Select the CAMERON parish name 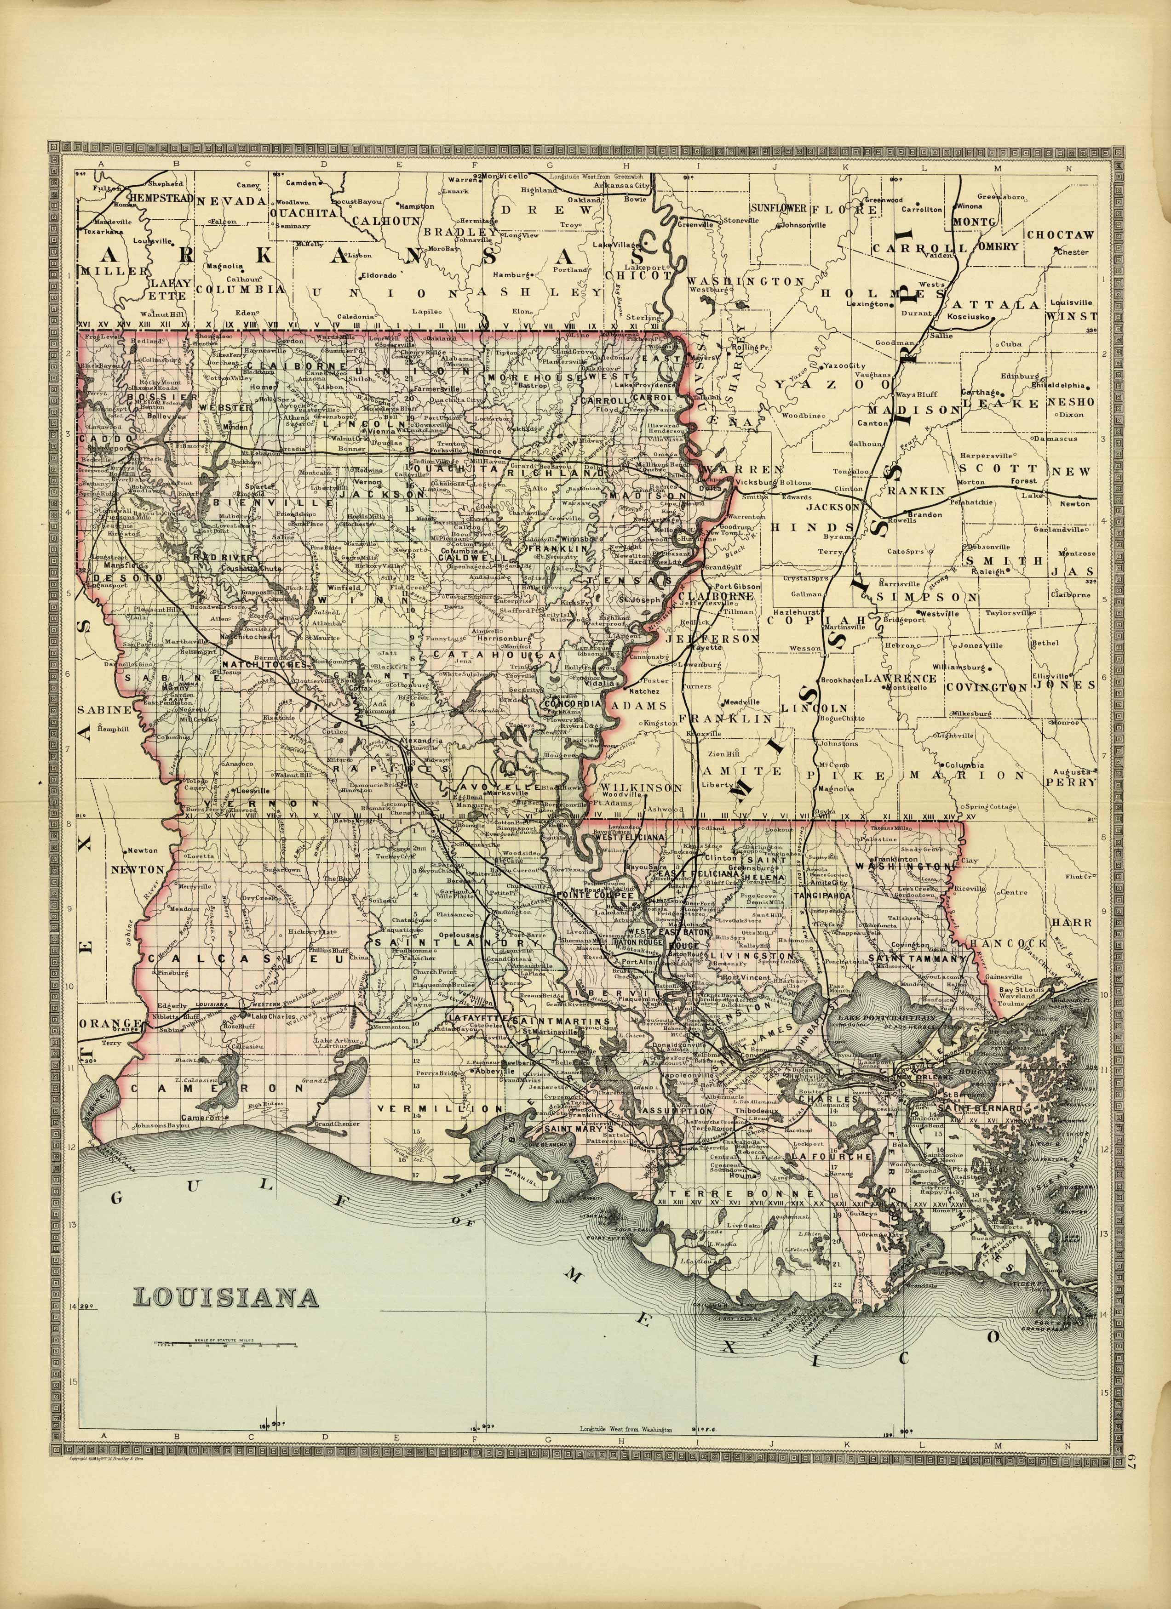(x=199, y=1088)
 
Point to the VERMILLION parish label (x=440, y=1108)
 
